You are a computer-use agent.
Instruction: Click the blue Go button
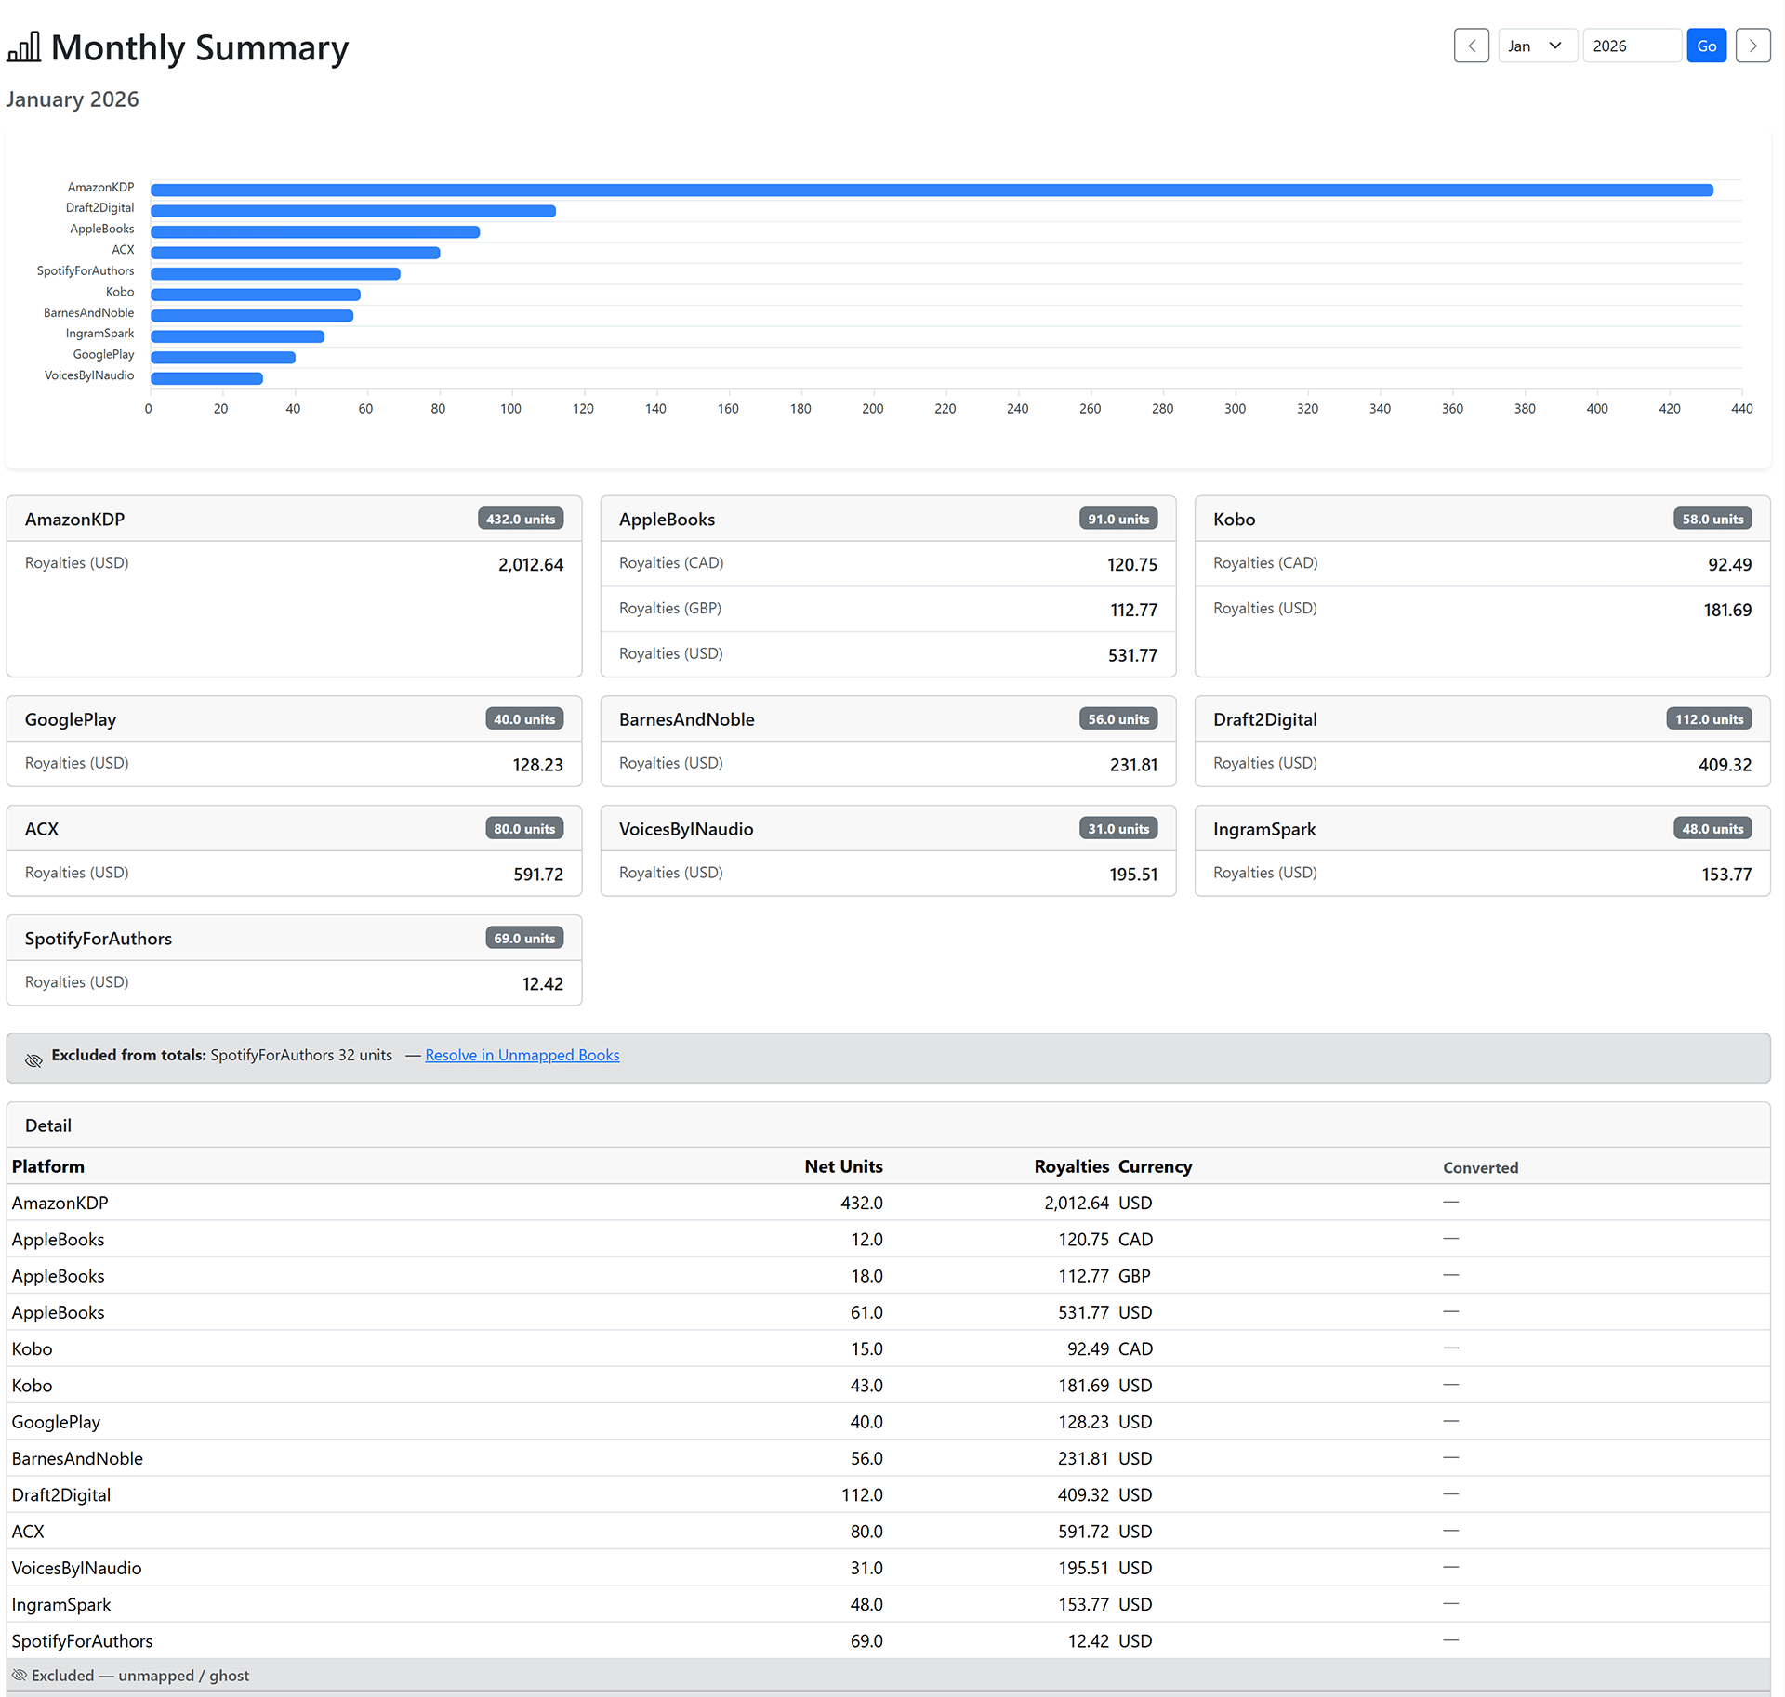click(1706, 46)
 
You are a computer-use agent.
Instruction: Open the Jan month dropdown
click(1537, 46)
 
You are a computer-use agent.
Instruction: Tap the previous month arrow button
click(1471, 46)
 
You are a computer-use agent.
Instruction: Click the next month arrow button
click(1752, 46)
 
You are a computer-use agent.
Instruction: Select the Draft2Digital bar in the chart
click(353, 211)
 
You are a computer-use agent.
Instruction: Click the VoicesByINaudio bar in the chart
click(206, 378)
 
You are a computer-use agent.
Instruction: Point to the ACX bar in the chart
click(295, 253)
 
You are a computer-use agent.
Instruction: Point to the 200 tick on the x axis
click(872, 409)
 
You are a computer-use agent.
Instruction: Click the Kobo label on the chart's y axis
click(120, 292)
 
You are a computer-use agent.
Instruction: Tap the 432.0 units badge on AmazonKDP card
click(521, 519)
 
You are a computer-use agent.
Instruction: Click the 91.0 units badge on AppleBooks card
click(1118, 519)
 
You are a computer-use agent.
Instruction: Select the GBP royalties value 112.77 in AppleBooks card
click(1133, 610)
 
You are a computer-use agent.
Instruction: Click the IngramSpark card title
click(1264, 829)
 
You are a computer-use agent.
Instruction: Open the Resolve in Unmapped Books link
click(522, 1055)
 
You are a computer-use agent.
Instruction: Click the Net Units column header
click(843, 1166)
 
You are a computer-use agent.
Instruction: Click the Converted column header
click(1480, 1167)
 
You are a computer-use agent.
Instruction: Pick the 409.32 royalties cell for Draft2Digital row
click(1083, 1494)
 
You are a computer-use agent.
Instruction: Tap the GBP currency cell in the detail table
click(1134, 1276)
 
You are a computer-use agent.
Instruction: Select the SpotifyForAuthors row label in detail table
click(82, 1640)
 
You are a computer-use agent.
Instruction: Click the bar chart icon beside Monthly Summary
click(24, 46)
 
